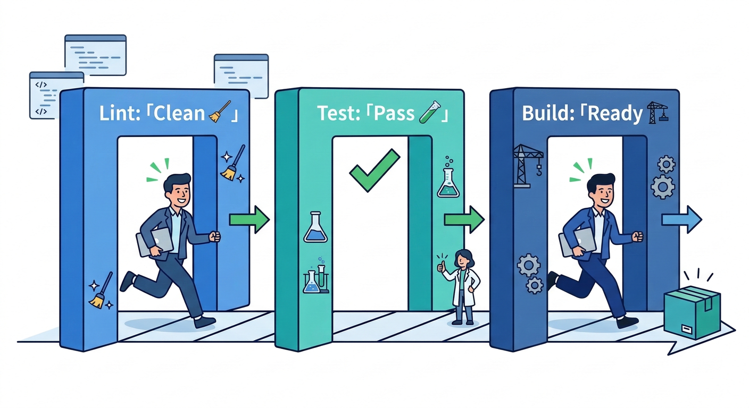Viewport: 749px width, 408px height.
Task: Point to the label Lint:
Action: coord(123,114)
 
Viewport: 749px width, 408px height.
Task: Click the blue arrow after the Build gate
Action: coord(682,219)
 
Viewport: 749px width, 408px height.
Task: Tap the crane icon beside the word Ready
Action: coord(658,113)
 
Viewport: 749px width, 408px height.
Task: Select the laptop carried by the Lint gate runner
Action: coord(155,242)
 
